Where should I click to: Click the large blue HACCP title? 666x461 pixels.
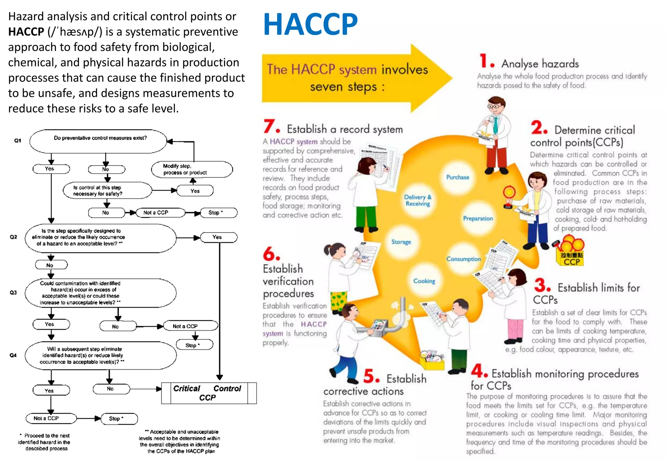point(310,24)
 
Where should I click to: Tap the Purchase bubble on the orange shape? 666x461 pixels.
point(458,177)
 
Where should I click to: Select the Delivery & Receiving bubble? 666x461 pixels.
point(418,200)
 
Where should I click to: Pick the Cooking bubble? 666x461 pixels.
point(424,281)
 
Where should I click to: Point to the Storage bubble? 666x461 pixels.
point(401,242)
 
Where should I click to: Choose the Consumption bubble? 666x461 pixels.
point(463,259)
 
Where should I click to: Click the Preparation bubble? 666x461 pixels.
point(478,218)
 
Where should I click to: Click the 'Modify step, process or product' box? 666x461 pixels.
point(192,169)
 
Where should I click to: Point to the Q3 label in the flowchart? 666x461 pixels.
point(13,293)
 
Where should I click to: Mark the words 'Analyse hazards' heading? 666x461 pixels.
point(540,64)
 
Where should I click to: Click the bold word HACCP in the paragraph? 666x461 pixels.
point(26,32)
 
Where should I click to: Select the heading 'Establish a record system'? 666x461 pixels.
point(344,129)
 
